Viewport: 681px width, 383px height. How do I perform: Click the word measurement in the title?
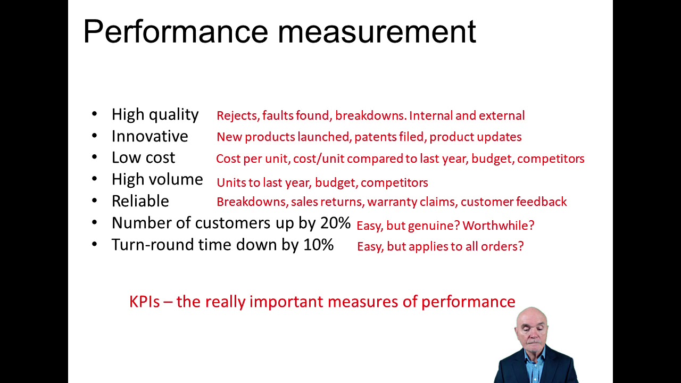click(x=377, y=32)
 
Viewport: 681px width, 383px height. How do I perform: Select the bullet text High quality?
click(x=155, y=115)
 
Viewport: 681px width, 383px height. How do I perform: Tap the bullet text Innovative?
click(x=150, y=137)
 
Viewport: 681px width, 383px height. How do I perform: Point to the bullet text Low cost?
click(x=143, y=158)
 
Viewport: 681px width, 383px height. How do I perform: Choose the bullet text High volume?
click(x=157, y=180)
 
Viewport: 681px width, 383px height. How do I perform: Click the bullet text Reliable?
click(x=140, y=202)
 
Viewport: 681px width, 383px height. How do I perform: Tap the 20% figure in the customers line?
click(x=335, y=223)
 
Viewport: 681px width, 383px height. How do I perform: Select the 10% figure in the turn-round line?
click(x=318, y=245)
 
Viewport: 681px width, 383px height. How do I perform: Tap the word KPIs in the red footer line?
click(x=144, y=302)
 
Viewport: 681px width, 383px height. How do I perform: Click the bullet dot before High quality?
click(x=95, y=114)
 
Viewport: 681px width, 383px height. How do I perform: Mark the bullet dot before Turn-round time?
click(x=95, y=245)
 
